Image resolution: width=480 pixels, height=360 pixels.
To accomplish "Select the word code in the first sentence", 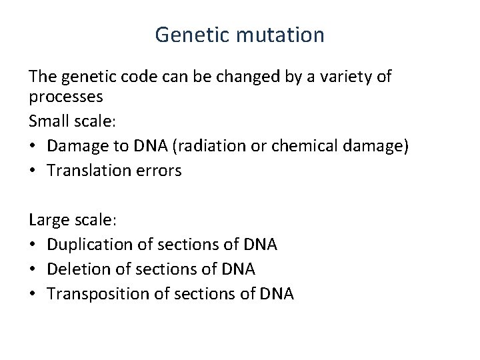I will [147, 77].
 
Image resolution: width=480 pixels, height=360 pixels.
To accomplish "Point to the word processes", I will [65, 97].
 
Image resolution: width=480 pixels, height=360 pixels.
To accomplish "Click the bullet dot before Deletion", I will [33, 269].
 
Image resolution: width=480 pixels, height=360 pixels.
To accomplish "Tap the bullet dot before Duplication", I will [33, 245].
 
